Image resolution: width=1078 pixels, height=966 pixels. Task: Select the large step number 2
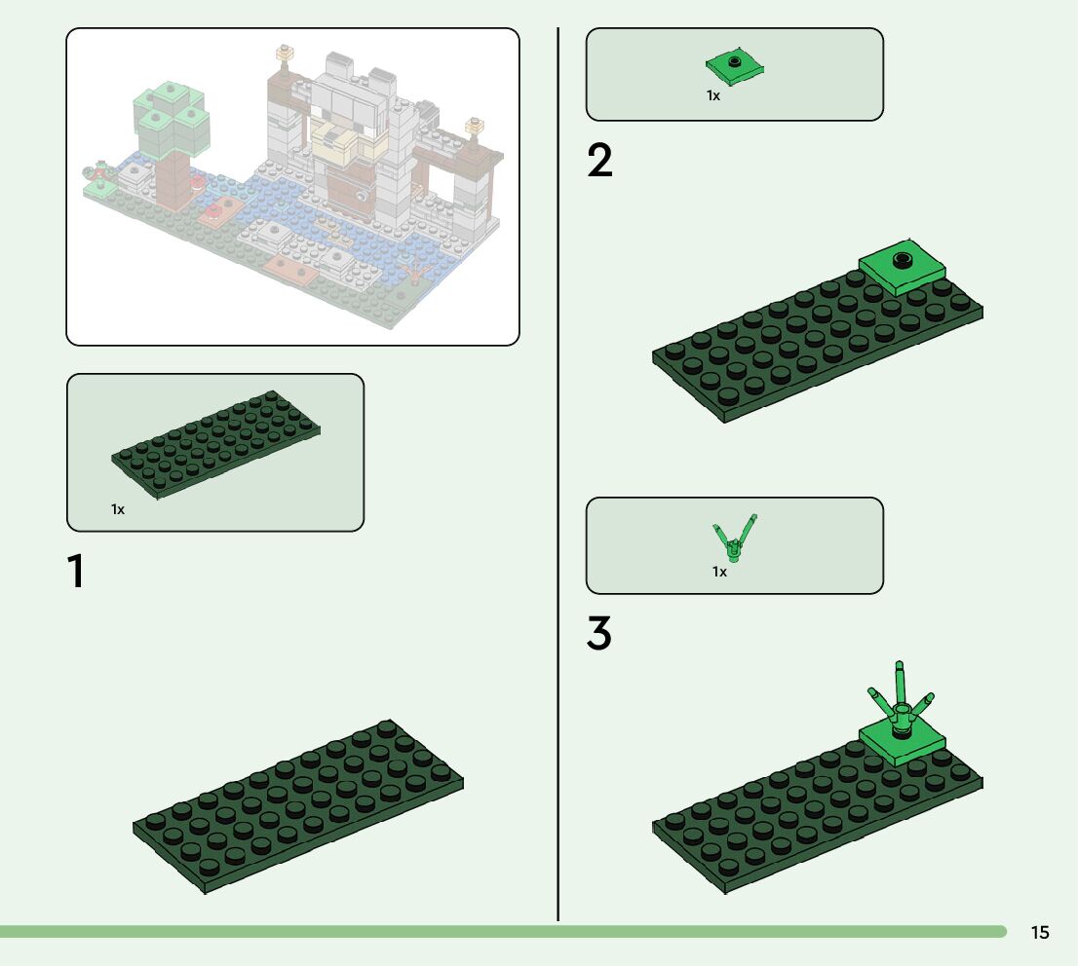599,162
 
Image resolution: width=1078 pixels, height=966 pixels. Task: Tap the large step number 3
599,634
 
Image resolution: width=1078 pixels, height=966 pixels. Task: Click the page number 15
1040,933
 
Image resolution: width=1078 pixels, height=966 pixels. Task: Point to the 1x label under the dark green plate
118,509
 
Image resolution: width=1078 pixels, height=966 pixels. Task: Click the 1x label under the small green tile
713,95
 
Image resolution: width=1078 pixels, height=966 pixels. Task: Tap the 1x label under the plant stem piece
719,572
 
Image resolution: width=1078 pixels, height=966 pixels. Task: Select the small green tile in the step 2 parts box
735,66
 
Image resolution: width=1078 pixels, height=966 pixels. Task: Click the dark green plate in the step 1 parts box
216,443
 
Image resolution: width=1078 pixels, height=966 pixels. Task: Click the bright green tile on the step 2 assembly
904,268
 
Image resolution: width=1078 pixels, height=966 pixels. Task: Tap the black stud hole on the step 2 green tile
904,259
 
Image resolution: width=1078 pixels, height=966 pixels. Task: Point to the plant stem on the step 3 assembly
901,701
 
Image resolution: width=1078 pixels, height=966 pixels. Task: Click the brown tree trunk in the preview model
174,180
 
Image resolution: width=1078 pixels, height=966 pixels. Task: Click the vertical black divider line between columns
558,467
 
